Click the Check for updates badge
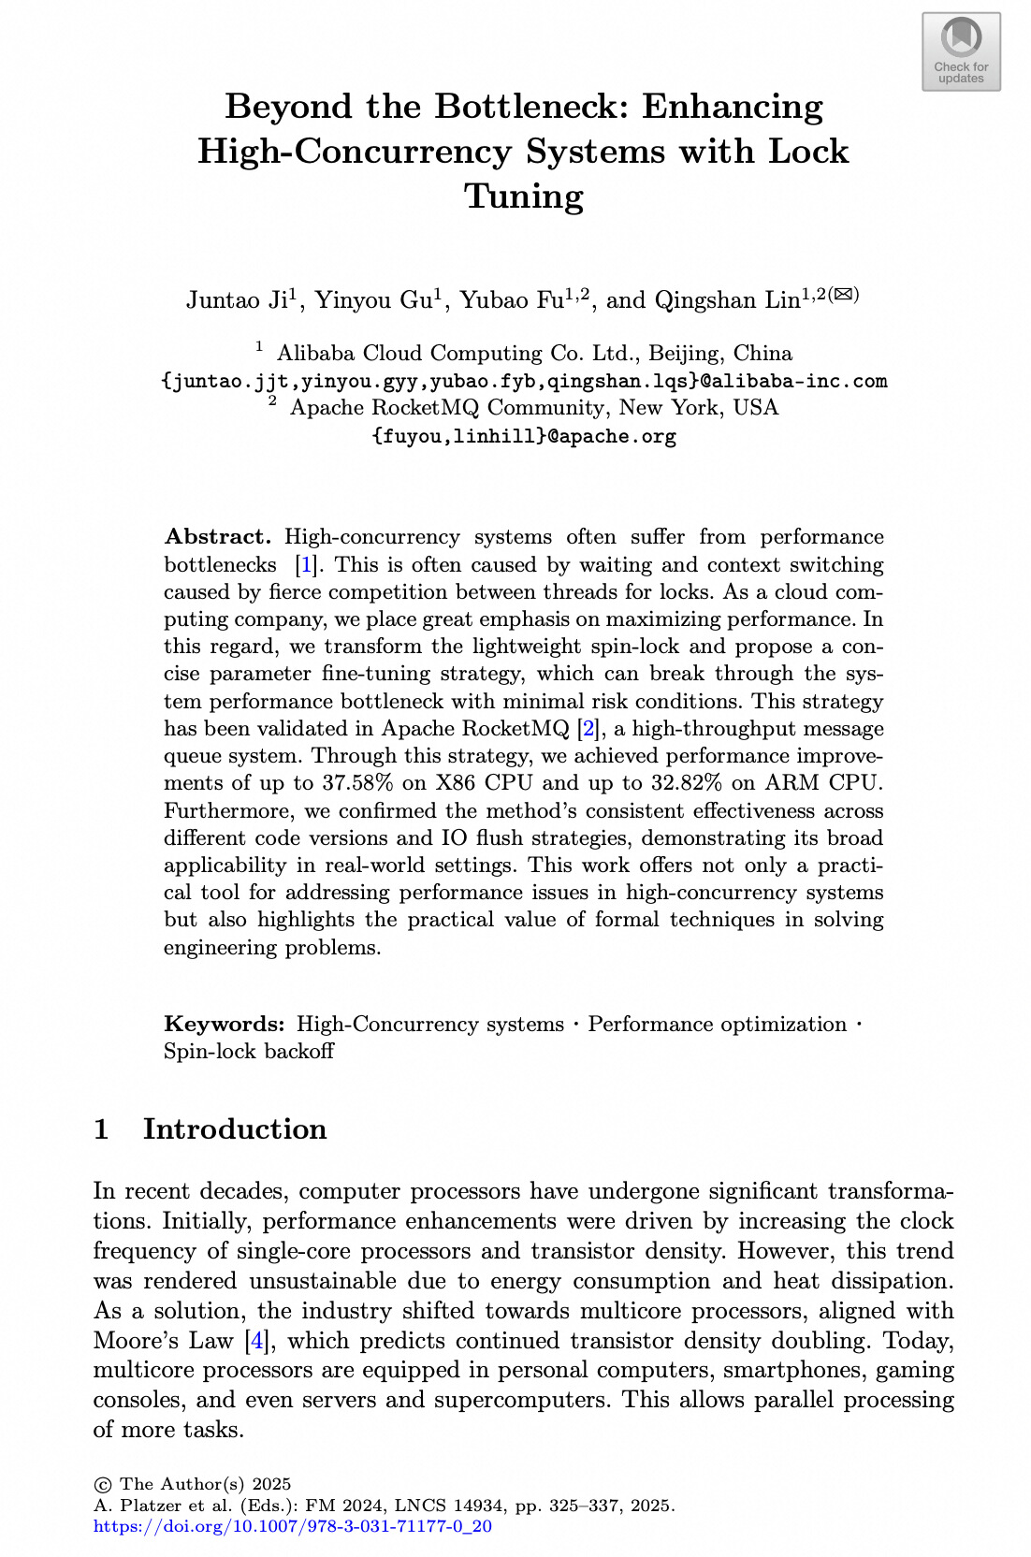(x=961, y=51)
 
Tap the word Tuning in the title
(x=524, y=196)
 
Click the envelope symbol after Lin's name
(x=843, y=294)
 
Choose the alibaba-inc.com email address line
(x=524, y=381)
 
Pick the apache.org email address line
(x=524, y=436)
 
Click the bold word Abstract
(x=217, y=537)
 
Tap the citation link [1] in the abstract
(x=305, y=565)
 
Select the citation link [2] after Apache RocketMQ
(x=588, y=729)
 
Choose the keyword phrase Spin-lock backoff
(x=249, y=1052)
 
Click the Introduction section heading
(x=234, y=1129)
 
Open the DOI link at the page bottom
(x=293, y=1526)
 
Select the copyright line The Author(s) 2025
(x=193, y=1484)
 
